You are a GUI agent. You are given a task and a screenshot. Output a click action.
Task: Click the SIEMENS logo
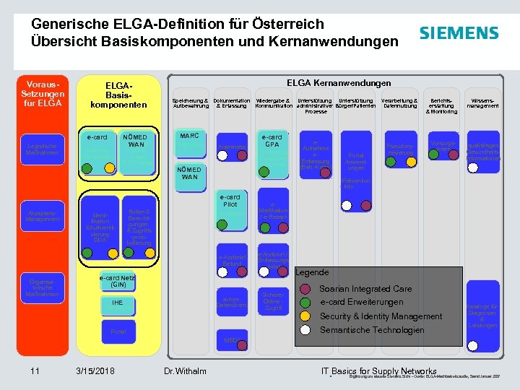pyautogui.click(x=459, y=33)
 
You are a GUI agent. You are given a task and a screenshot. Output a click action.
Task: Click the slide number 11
pyautogui.click(x=35, y=371)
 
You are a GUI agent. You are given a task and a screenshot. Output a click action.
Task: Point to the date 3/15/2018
pyautogui.click(x=95, y=371)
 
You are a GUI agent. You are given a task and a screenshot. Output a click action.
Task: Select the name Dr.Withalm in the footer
pyautogui.click(x=185, y=371)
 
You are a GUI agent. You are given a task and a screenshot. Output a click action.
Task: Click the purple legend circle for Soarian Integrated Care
pyautogui.click(x=307, y=289)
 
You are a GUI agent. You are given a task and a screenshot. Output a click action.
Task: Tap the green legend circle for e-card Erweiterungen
pyautogui.click(x=307, y=303)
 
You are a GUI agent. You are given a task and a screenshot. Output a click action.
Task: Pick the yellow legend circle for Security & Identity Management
pyautogui.click(x=307, y=316)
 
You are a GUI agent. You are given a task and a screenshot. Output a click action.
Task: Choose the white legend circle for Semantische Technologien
pyautogui.click(x=307, y=330)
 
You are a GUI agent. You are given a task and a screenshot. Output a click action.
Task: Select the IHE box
pyautogui.click(x=118, y=303)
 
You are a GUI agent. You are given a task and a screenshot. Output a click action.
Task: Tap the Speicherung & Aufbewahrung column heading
pyautogui.click(x=191, y=103)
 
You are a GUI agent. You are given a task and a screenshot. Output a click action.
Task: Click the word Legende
pyautogui.click(x=313, y=272)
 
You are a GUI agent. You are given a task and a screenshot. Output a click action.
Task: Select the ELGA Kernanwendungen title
pyautogui.click(x=339, y=83)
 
